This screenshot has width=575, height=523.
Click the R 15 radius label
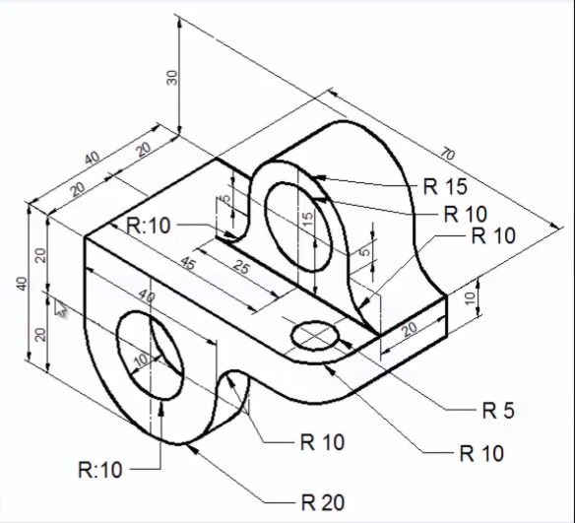coord(445,185)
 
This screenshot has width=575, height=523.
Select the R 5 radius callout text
coord(497,410)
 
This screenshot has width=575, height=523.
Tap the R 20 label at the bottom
coord(323,502)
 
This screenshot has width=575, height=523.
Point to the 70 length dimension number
coord(447,154)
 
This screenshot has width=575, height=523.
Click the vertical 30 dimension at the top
coord(172,78)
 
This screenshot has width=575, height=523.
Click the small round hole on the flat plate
coord(316,337)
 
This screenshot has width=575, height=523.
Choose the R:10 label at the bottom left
coord(100,470)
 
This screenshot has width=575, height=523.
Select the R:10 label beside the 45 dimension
coord(149,225)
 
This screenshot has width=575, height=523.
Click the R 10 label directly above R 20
coord(323,442)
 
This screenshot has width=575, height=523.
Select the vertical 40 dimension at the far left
coord(22,284)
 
